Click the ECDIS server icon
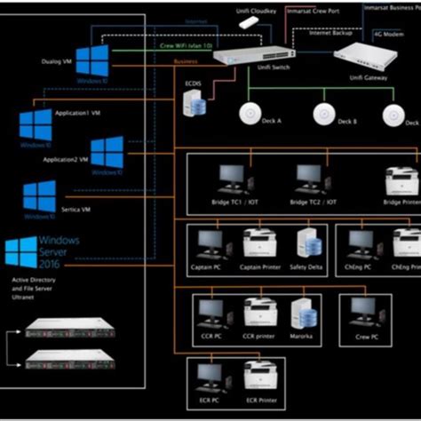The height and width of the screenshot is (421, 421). tap(195, 104)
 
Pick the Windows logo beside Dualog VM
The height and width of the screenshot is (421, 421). tap(91, 61)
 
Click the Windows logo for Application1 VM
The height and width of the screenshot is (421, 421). tap(36, 125)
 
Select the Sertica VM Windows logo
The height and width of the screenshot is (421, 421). tap(39, 197)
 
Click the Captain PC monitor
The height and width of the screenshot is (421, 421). tap(210, 242)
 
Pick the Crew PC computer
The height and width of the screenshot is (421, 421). tap(365, 312)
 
